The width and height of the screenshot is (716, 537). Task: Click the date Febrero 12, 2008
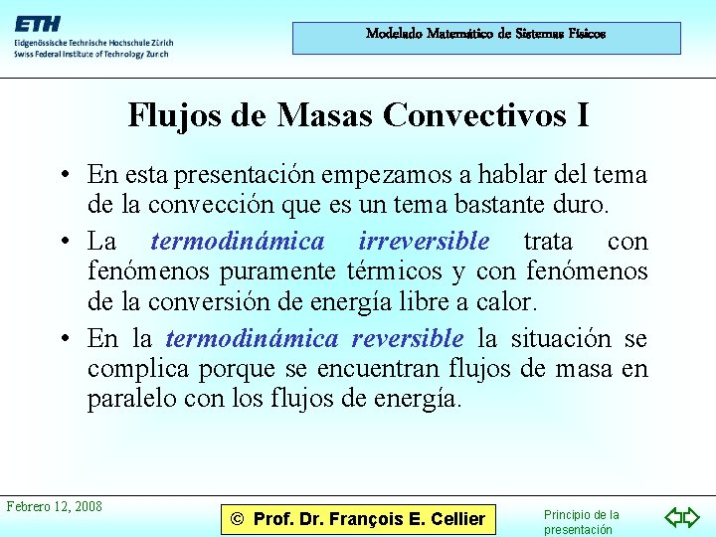click(x=55, y=507)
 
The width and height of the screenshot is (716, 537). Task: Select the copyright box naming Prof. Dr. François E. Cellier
click(x=357, y=518)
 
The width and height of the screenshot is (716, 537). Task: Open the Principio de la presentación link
click(x=581, y=522)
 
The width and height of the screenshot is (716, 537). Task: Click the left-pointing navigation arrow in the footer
click(x=673, y=517)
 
